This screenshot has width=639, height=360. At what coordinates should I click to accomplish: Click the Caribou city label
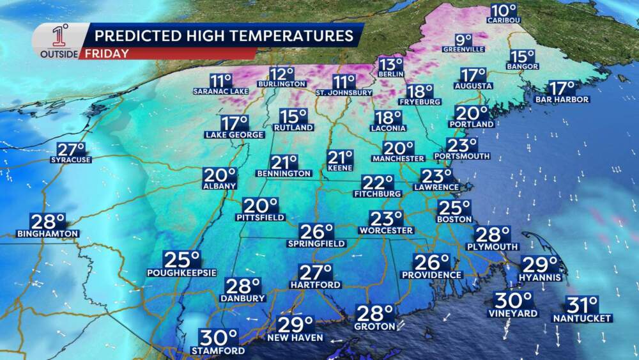[x=504, y=20]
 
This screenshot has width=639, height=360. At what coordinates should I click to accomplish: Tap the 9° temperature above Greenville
[x=463, y=39]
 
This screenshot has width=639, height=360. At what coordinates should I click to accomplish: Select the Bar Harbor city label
[x=563, y=99]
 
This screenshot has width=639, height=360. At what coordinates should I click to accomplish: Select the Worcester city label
[x=386, y=230]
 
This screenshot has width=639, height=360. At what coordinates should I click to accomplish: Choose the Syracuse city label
[x=70, y=160]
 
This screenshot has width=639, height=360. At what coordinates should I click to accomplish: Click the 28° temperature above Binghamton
[x=48, y=221]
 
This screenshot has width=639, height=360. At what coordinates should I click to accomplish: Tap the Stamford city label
[x=218, y=351]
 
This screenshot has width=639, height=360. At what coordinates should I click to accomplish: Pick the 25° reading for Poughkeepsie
[x=182, y=260]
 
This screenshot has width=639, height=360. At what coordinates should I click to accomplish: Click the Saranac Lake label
[x=220, y=91]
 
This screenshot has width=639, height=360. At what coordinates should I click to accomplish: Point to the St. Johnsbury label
[x=344, y=92]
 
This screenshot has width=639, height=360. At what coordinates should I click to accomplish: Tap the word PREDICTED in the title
[x=131, y=35]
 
